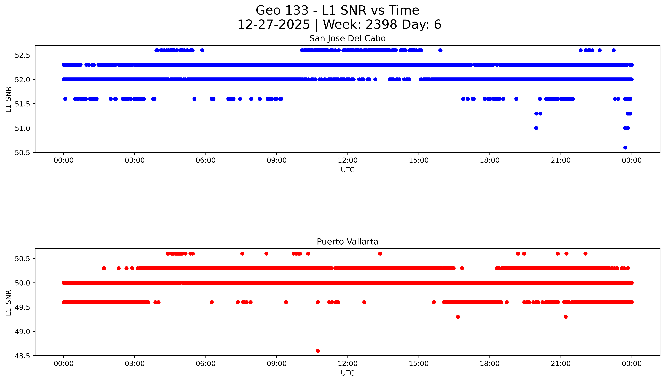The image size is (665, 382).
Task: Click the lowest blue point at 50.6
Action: click(625, 147)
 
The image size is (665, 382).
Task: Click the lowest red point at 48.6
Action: click(318, 351)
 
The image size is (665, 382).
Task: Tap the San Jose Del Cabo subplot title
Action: click(347, 39)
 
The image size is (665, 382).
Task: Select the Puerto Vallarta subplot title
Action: click(347, 242)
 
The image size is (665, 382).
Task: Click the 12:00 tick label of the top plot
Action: click(348, 160)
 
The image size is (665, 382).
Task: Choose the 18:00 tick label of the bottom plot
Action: click(490, 364)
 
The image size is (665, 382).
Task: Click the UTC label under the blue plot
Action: click(347, 170)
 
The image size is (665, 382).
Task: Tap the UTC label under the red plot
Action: click(347, 373)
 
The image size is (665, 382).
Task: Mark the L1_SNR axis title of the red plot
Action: click(8, 303)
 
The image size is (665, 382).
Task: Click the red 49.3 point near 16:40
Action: click(458, 317)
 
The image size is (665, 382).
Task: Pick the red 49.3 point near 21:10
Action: click(566, 317)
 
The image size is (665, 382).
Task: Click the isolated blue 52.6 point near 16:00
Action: click(440, 50)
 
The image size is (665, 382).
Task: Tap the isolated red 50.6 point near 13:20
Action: click(380, 253)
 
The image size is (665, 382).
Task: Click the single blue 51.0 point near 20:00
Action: click(536, 128)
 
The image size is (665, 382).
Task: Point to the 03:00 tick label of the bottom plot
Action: click(135, 364)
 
